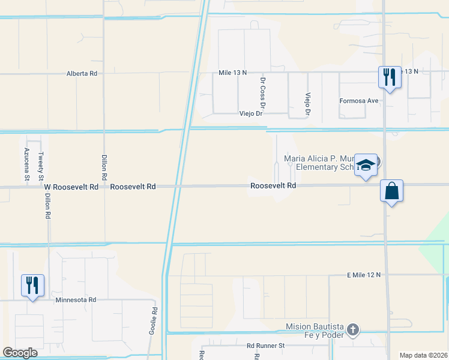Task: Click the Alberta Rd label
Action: pyautogui.click(x=82, y=74)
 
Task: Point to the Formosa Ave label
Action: pyautogui.click(x=359, y=101)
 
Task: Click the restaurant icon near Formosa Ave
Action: pyautogui.click(x=390, y=77)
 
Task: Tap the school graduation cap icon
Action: pyautogui.click(x=365, y=164)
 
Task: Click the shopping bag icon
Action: pyautogui.click(x=391, y=191)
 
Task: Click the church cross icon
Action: pyautogui.click(x=353, y=329)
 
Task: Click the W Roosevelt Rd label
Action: pyautogui.click(x=71, y=187)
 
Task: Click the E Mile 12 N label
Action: pyautogui.click(x=364, y=275)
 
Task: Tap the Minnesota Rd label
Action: pyautogui.click(x=76, y=299)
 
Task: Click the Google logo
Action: pyautogui.click(x=20, y=353)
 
